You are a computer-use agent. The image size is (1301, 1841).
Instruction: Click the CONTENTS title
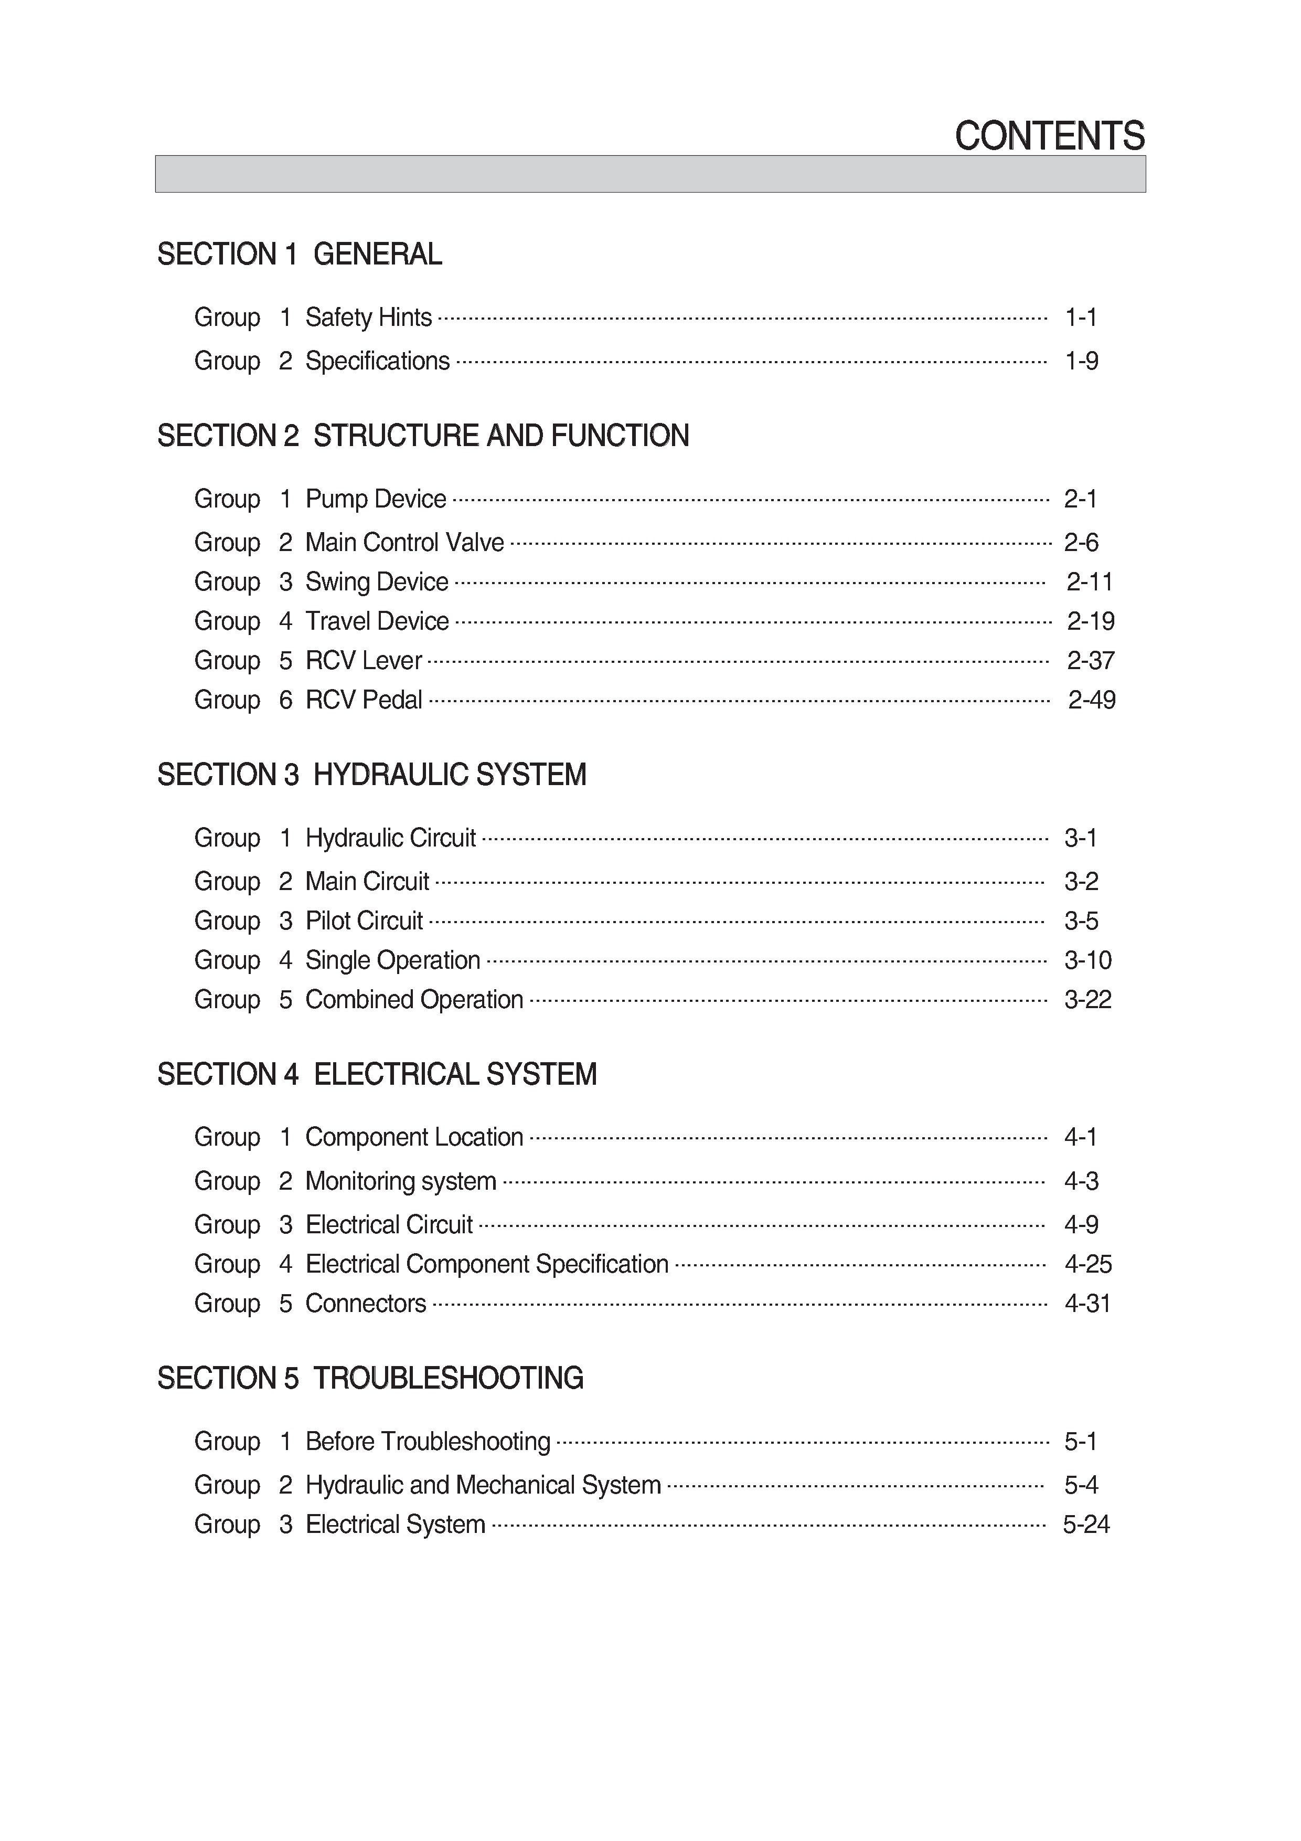1049,136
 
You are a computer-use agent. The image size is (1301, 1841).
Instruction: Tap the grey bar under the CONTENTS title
650,174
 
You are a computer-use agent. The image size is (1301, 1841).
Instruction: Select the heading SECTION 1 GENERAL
299,254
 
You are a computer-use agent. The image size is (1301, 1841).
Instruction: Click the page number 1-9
1081,361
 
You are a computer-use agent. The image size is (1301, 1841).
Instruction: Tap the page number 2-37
1090,661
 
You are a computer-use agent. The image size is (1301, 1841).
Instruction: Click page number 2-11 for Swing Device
1090,582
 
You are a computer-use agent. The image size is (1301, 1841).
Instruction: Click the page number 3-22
1088,1000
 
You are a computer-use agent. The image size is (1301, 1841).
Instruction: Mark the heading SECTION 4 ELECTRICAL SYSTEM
377,1074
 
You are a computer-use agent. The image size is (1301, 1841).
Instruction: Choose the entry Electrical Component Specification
487,1264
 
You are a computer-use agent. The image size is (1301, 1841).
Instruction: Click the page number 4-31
1088,1304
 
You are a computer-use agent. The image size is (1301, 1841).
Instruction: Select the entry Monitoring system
401,1181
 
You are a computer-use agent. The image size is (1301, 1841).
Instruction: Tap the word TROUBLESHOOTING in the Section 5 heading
448,1378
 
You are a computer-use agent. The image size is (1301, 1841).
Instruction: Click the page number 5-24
1086,1524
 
